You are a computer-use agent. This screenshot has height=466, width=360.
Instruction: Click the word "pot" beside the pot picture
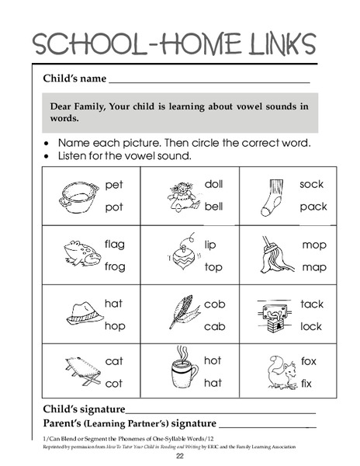tap(114, 207)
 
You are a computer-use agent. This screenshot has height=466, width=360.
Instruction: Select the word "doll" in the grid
tap(213, 184)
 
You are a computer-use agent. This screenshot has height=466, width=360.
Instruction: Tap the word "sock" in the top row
tap(312, 184)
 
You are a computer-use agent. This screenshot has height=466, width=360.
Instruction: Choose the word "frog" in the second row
tap(114, 266)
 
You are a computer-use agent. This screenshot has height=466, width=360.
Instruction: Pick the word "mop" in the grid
tap(314, 245)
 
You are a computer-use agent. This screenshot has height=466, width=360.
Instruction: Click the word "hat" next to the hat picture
tap(113, 304)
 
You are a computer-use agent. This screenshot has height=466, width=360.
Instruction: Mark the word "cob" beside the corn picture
tap(214, 304)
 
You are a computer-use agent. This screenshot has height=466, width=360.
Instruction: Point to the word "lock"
tap(311, 327)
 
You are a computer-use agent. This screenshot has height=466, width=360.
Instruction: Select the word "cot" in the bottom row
tap(113, 384)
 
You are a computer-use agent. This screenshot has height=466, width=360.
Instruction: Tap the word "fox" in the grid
tap(308, 361)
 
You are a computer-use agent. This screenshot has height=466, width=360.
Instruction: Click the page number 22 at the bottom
tap(179, 456)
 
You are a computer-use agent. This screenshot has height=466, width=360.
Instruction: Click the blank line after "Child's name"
tap(209, 81)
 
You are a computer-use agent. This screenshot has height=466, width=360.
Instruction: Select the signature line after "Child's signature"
tap(221, 412)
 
